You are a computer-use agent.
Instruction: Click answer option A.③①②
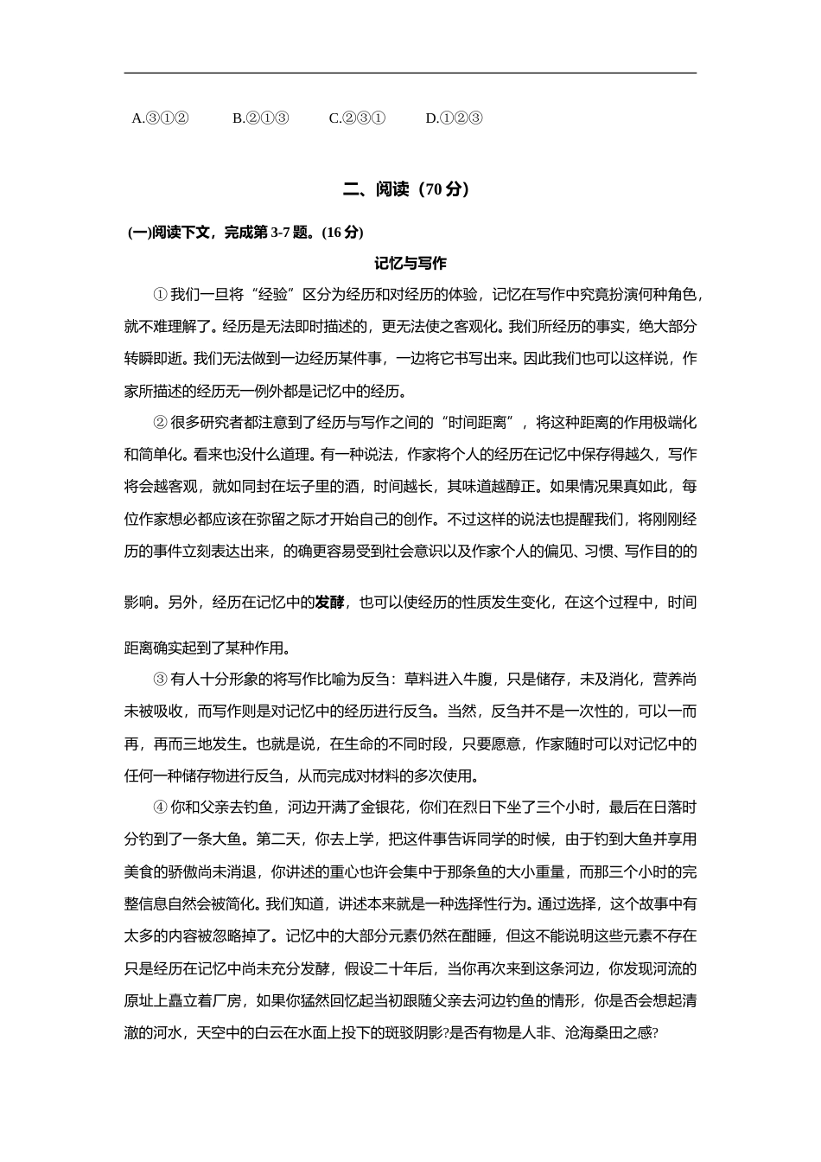[x=160, y=118]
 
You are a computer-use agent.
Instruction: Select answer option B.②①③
[x=260, y=118]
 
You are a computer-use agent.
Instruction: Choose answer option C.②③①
[x=357, y=118]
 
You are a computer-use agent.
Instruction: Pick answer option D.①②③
[x=454, y=118]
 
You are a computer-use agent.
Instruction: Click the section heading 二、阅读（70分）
[x=410, y=189]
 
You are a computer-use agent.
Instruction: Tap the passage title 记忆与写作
[x=410, y=263]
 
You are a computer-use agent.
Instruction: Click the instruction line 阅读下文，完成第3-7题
[x=245, y=232]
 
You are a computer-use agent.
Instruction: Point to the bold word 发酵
[x=329, y=602]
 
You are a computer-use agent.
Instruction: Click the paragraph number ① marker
[x=160, y=295]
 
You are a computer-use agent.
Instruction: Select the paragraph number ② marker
[x=160, y=423]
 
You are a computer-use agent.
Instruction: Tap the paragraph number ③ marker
[x=160, y=680]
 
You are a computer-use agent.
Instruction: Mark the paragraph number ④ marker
[x=160, y=808]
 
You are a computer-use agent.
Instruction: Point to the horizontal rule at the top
[x=410, y=73]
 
